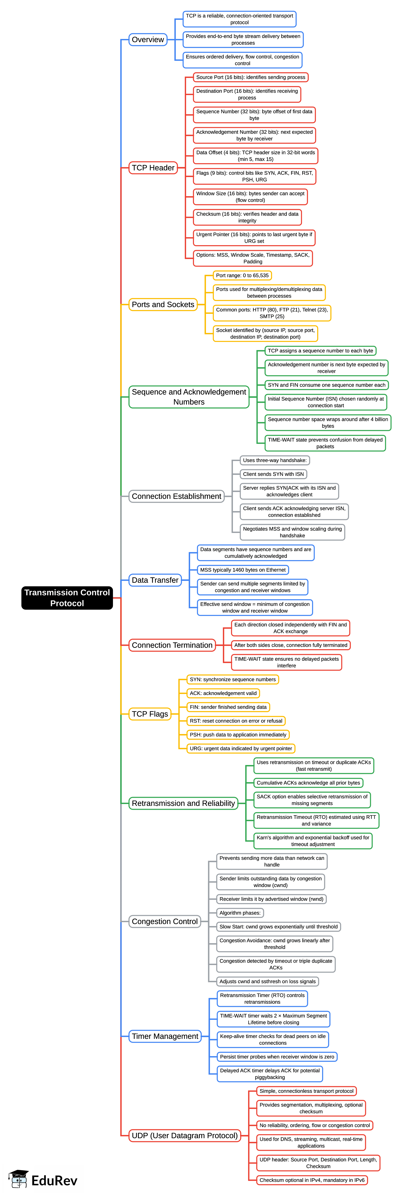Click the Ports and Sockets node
coord(163,305)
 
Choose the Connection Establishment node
coord(176,496)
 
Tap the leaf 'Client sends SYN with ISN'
coord(273,474)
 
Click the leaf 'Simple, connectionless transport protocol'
coord(306,1091)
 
